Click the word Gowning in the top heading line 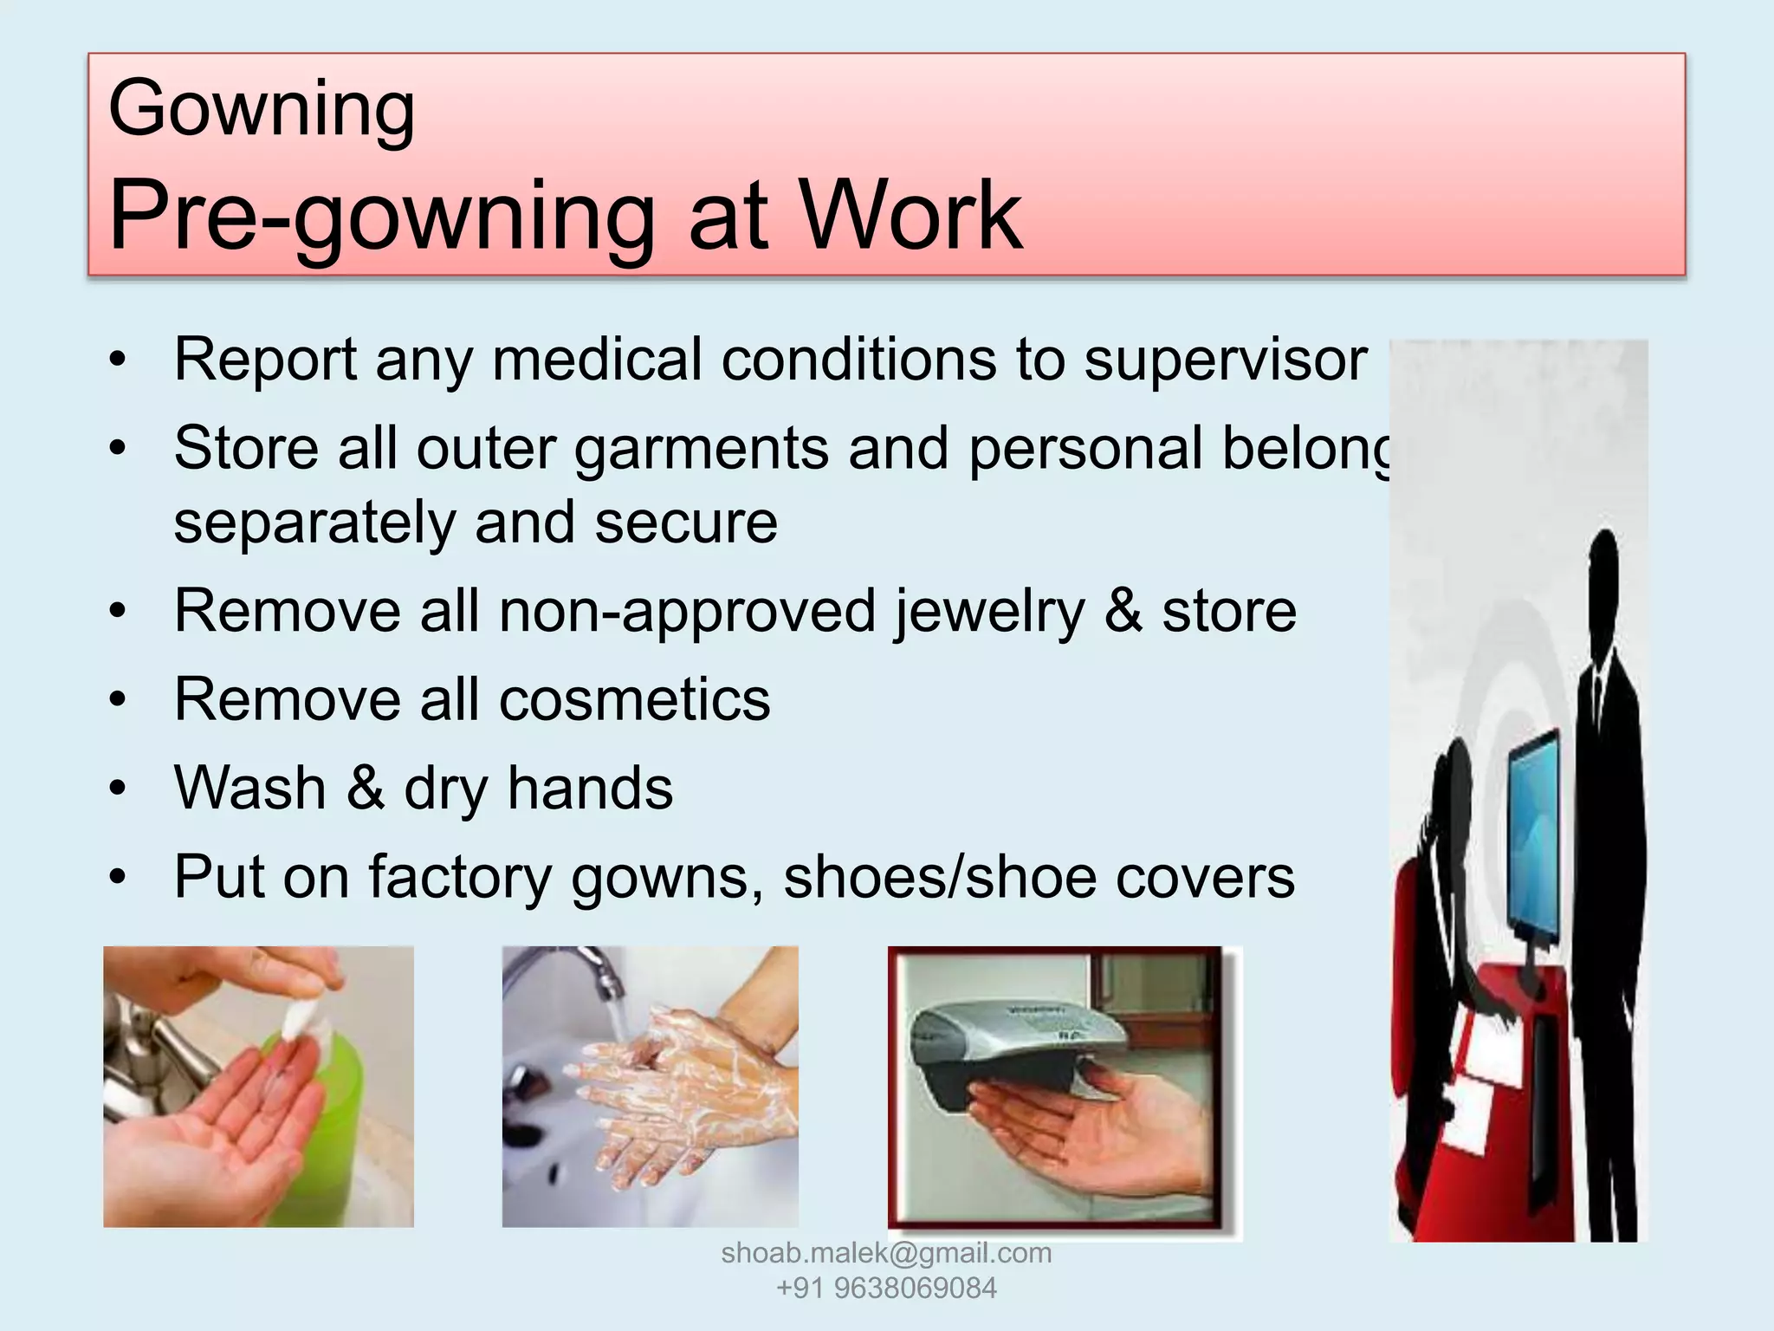click(x=262, y=110)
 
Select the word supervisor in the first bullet click(x=1225, y=360)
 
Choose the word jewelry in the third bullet click(x=988, y=612)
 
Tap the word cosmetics click(x=634, y=700)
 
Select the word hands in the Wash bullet click(x=590, y=789)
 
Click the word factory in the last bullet click(x=460, y=877)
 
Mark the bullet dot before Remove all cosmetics click(x=119, y=699)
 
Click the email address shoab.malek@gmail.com click(x=886, y=1253)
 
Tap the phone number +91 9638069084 click(x=886, y=1289)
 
